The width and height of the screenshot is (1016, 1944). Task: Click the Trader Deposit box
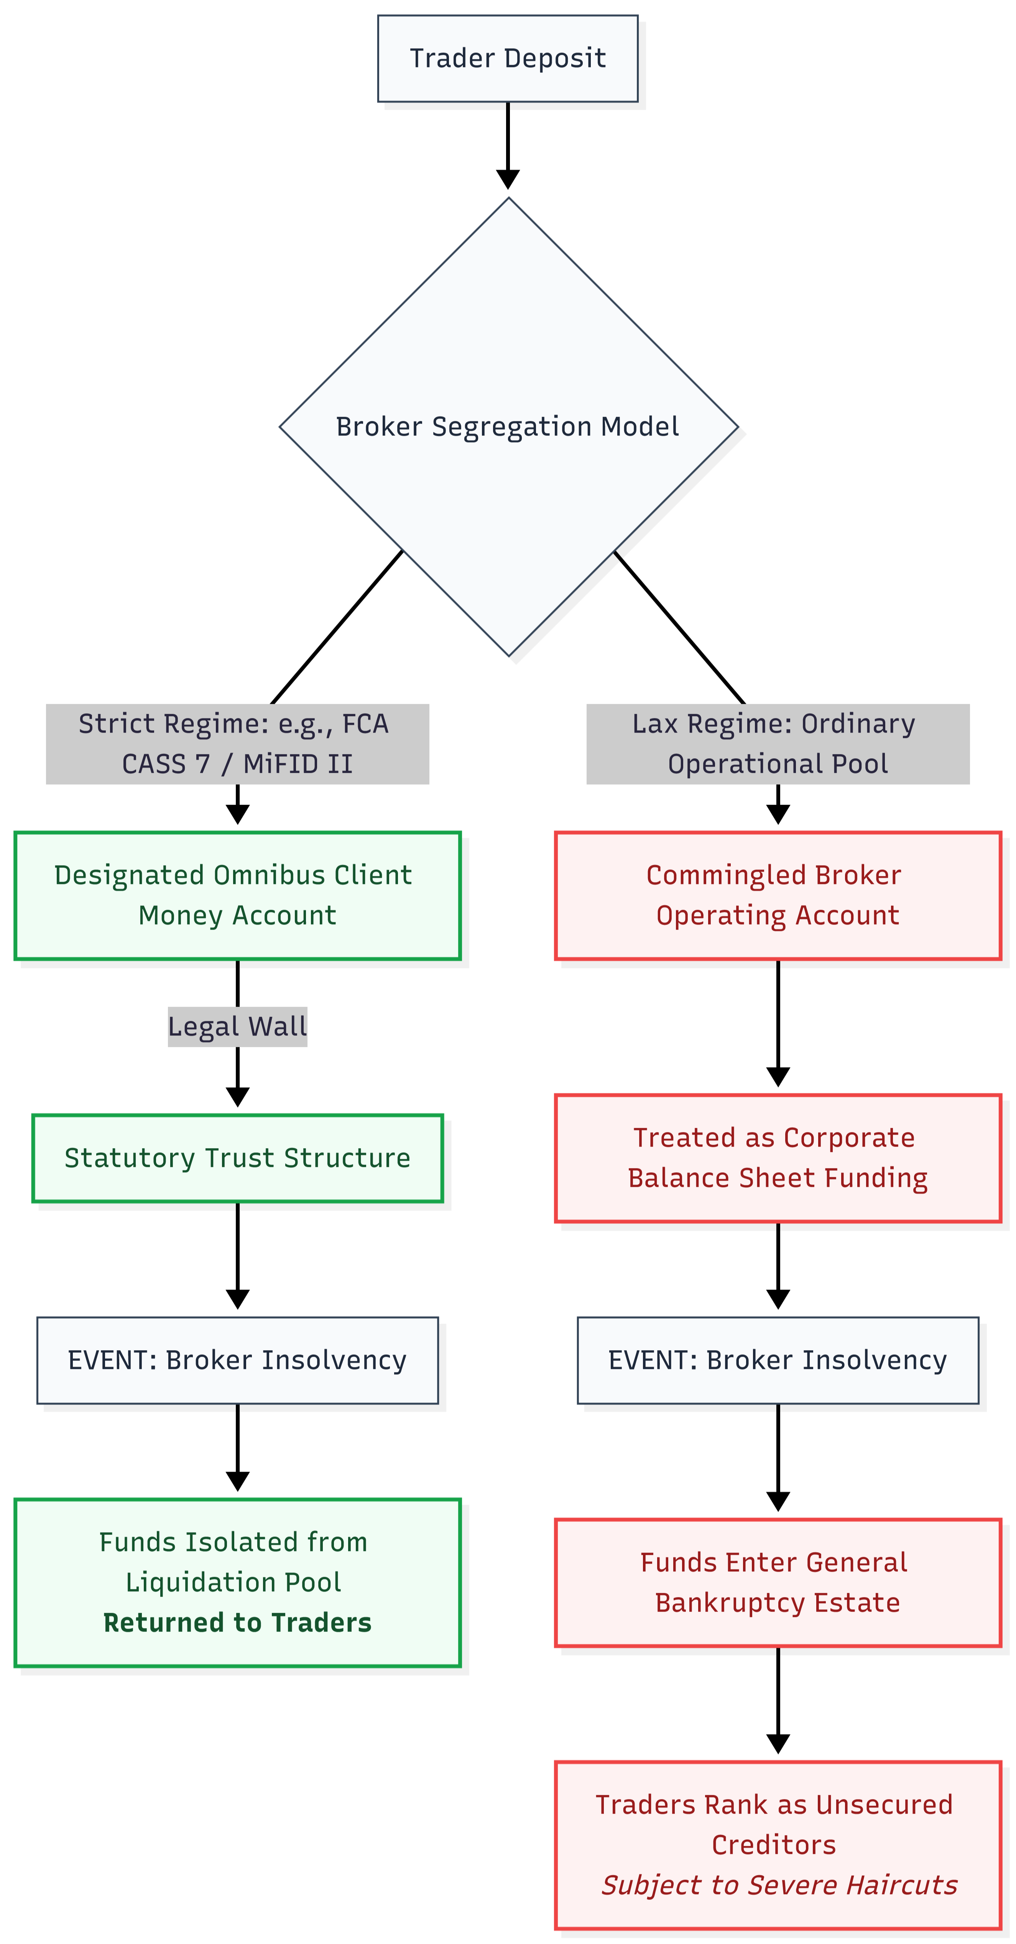click(507, 58)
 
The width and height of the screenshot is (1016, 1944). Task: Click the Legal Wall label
click(237, 1026)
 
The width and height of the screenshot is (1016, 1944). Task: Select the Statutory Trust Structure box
click(237, 1158)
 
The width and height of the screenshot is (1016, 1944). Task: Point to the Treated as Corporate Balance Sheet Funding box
click(778, 1158)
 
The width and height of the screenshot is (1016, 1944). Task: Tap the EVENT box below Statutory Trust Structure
click(237, 1360)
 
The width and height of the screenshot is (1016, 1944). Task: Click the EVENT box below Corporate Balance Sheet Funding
click(778, 1360)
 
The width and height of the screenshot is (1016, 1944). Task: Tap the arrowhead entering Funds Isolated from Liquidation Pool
click(237, 1481)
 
